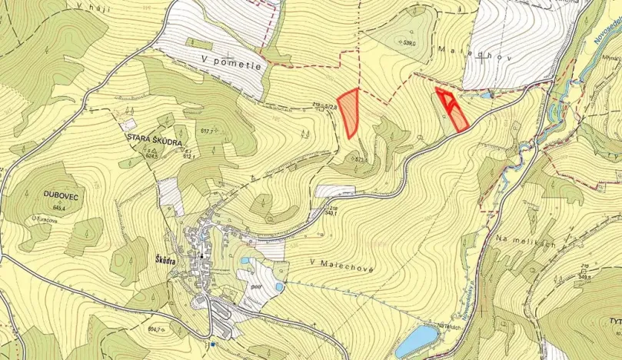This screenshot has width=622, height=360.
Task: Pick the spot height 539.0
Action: point(409,44)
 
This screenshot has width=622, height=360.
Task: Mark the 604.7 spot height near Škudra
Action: point(158,329)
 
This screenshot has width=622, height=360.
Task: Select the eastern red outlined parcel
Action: point(453,109)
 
